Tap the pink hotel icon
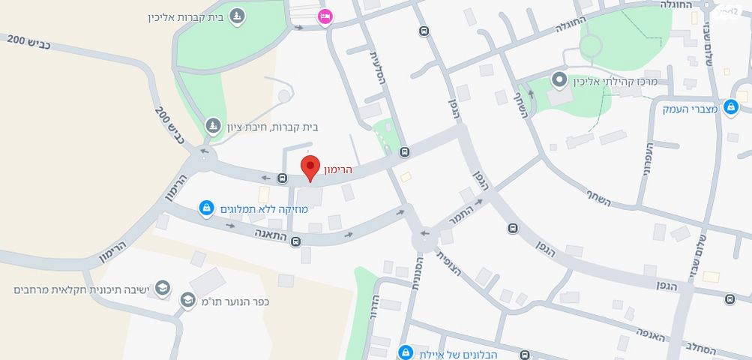point(325,16)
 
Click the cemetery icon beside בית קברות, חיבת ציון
point(214,124)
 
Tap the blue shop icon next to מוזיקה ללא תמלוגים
point(206,208)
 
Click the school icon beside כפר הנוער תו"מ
point(187,301)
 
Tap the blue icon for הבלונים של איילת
point(406,352)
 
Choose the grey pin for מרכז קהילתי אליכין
point(559,79)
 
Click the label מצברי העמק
point(690,108)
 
